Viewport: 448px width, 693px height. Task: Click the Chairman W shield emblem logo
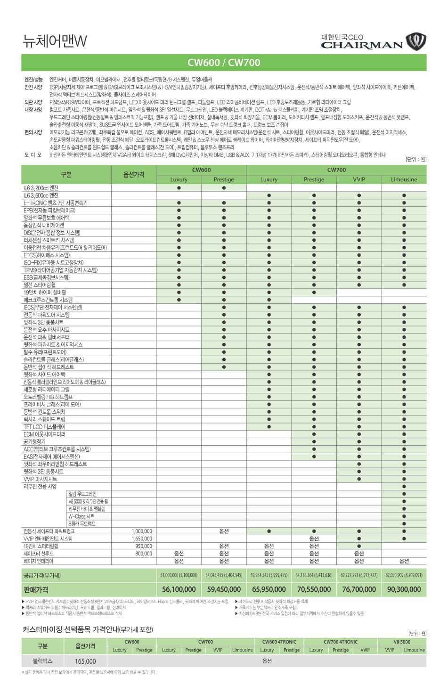click(x=416, y=42)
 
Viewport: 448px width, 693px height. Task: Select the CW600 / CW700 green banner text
click(x=224, y=63)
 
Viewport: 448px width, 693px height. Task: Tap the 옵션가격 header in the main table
click(x=134, y=174)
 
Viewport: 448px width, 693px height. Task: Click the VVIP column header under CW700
click(x=359, y=179)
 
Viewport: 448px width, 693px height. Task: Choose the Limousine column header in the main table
click(x=404, y=179)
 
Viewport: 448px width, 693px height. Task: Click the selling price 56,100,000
click(x=179, y=589)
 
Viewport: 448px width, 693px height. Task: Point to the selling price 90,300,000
click(x=404, y=589)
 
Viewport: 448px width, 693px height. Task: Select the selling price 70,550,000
click(x=314, y=589)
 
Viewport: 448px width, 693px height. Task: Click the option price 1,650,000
click(x=142, y=538)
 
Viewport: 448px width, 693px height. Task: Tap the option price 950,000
click(x=144, y=546)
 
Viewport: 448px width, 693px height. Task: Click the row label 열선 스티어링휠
click(x=40, y=285)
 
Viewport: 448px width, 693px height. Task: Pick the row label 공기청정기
click(x=34, y=442)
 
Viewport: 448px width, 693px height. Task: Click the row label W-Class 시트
click(x=81, y=516)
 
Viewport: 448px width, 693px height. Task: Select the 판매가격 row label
click(x=36, y=589)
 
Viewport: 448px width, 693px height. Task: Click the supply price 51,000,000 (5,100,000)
click(x=179, y=575)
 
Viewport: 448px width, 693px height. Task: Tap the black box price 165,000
click(x=85, y=661)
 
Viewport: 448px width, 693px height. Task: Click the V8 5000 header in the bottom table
click(x=402, y=642)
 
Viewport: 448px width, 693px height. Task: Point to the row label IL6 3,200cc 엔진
click(x=41, y=188)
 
